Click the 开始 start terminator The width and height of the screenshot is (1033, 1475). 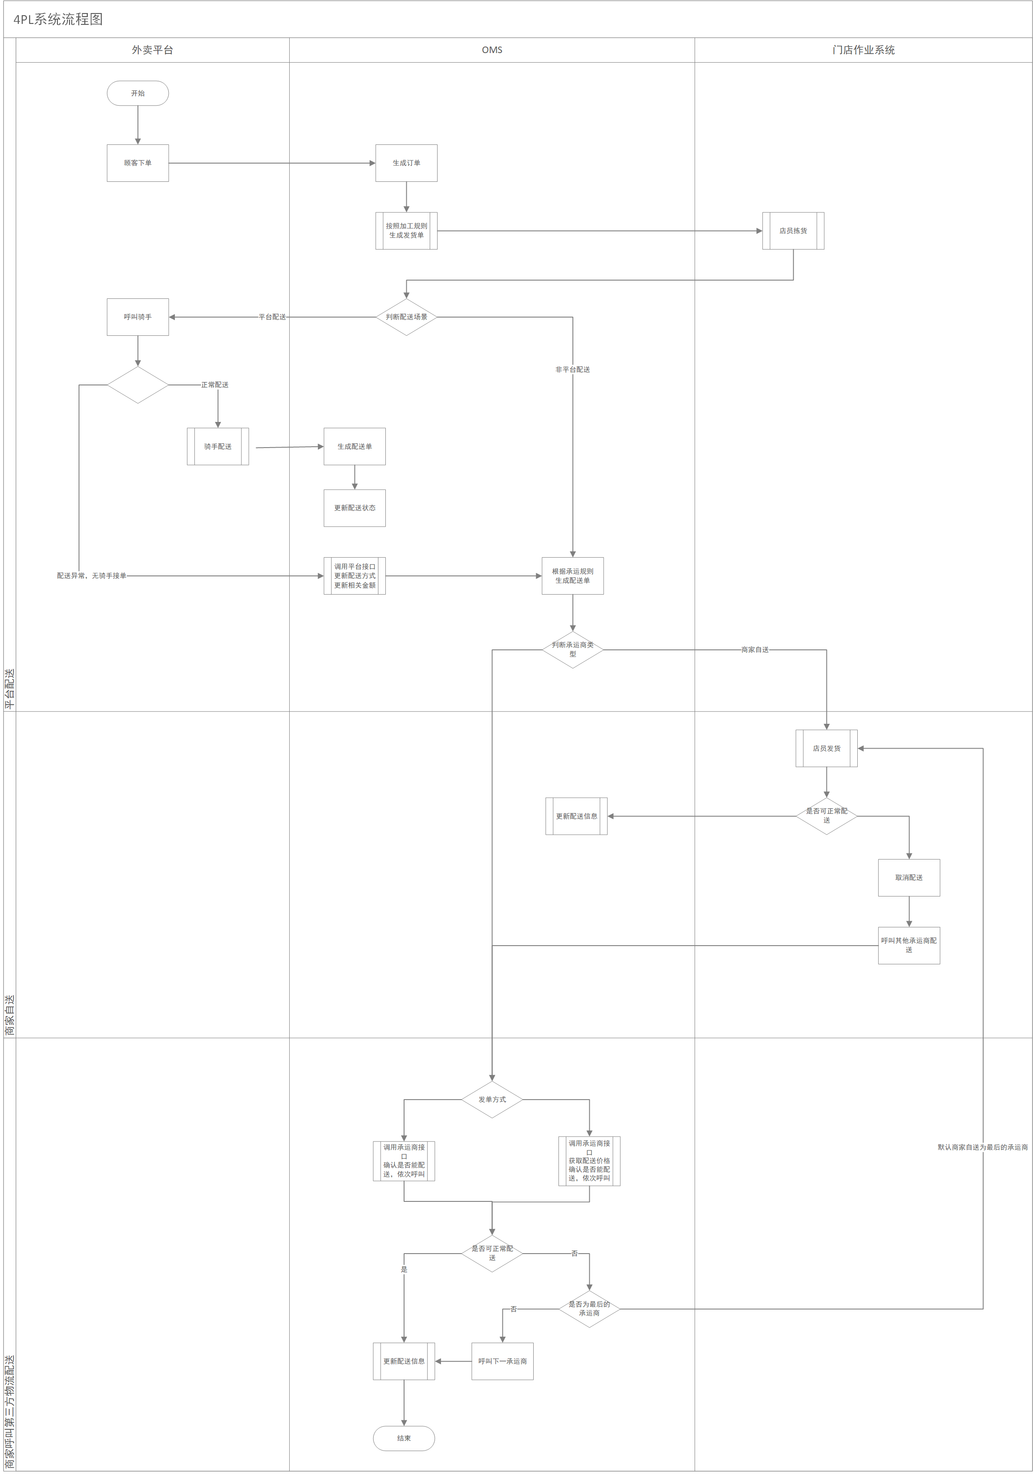click(x=137, y=93)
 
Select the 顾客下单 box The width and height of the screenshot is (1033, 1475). click(x=137, y=163)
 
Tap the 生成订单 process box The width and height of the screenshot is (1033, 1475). click(x=406, y=163)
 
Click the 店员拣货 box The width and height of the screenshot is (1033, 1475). click(x=793, y=231)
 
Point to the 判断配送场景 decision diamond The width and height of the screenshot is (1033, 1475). click(x=406, y=317)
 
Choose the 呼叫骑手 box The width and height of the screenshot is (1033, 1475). click(x=137, y=317)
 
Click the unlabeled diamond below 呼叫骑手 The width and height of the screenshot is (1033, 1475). click(x=137, y=385)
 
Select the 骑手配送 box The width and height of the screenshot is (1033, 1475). click(x=218, y=446)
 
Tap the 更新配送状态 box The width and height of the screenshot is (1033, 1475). click(x=354, y=508)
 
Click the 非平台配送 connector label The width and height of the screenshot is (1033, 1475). click(x=572, y=369)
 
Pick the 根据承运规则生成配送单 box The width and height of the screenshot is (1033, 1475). click(x=572, y=575)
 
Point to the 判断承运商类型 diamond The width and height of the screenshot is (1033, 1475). click(x=572, y=649)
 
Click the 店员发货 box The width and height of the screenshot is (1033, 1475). click(x=826, y=749)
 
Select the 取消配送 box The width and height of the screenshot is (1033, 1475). click(x=908, y=877)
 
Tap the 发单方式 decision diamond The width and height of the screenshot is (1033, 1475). click(x=492, y=1099)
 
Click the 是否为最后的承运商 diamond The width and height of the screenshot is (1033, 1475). click(x=589, y=1308)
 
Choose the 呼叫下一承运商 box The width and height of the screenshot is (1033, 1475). click(x=502, y=1361)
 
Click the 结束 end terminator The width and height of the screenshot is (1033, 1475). click(x=404, y=1438)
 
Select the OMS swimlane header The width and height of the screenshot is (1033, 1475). click(x=492, y=50)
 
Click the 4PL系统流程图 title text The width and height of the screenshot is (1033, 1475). click(x=58, y=19)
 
